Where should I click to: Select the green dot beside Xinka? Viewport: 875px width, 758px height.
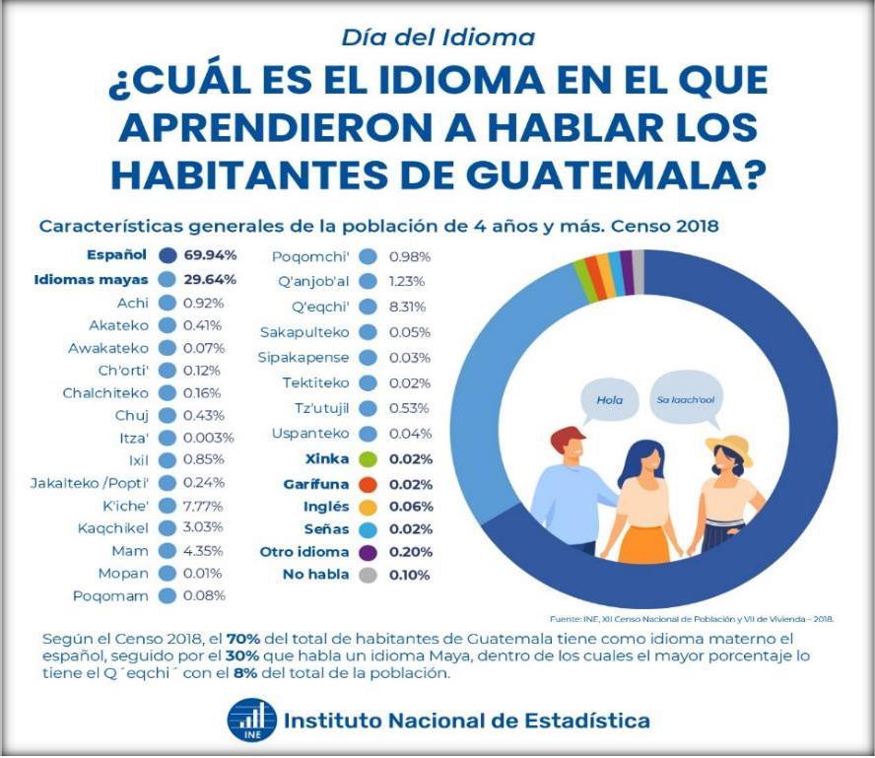click(368, 459)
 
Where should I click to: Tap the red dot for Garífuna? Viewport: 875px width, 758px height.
click(368, 484)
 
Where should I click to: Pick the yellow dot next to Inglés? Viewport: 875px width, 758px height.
click(368, 507)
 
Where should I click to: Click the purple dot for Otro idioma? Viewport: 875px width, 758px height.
click(368, 552)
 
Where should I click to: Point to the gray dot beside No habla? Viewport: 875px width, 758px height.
click(368, 575)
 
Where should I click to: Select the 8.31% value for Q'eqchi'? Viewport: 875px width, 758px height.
click(409, 306)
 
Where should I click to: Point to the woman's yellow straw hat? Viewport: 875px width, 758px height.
click(730, 448)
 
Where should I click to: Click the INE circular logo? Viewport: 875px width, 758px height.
click(250, 721)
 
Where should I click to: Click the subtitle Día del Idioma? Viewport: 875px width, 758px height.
click(437, 37)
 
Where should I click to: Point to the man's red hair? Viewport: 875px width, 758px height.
click(569, 439)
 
